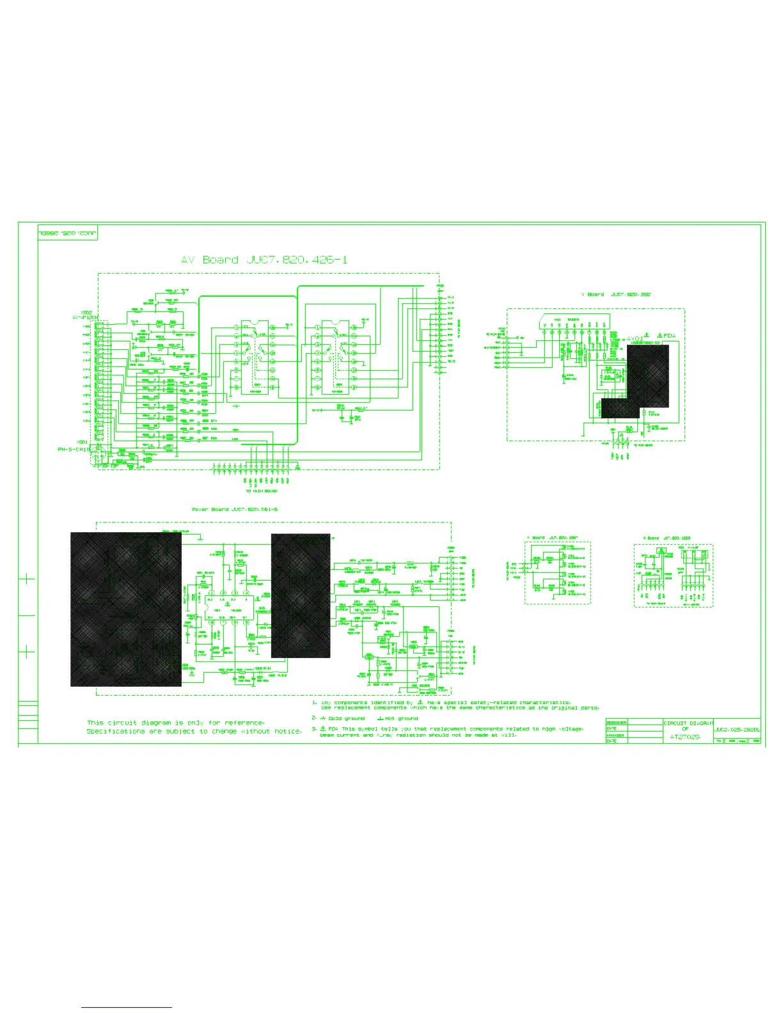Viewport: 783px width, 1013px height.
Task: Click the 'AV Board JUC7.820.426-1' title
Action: click(x=264, y=260)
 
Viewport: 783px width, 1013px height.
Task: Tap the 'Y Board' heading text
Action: click(x=595, y=295)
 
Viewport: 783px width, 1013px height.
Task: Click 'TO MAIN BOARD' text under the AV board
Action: click(x=262, y=491)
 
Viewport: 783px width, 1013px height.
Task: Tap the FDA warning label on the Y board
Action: click(x=669, y=336)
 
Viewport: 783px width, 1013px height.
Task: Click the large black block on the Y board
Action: click(x=647, y=377)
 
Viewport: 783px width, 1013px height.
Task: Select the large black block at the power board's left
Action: click(x=125, y=609)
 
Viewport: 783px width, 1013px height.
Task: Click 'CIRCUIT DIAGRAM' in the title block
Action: click(x=688, y=723)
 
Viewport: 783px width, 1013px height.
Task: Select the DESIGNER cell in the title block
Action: click(x=616, y=723)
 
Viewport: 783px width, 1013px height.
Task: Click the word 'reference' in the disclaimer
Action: click(x=244, y=723)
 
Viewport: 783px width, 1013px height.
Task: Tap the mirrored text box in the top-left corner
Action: click(x=67, y=233)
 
